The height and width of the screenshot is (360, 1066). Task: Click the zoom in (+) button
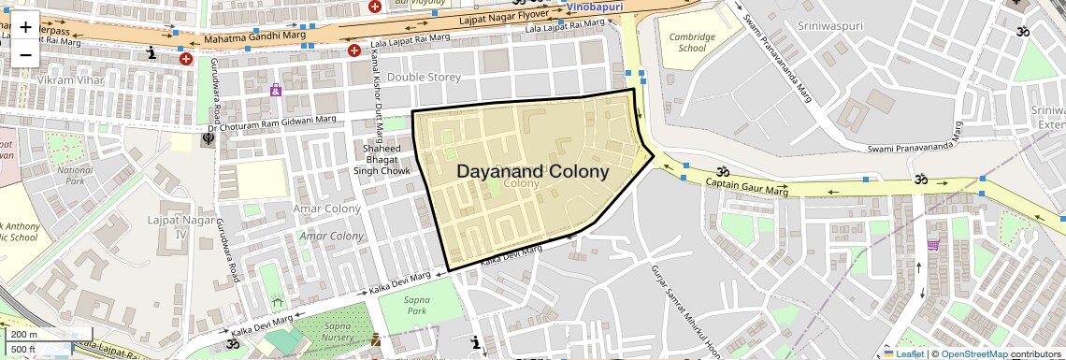click(25, 26)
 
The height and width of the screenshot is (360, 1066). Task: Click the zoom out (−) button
click(25, 54)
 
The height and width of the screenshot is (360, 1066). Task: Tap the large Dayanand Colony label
click(533, 172)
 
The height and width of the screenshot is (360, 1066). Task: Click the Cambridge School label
click(692, 42)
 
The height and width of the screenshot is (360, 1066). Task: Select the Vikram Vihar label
click(67, 80)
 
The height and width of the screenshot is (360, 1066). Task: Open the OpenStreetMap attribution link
click(973, 354)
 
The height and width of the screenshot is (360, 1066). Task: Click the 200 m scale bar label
click(24, 335)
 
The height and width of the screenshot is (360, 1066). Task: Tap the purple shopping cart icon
click(933, 245)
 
